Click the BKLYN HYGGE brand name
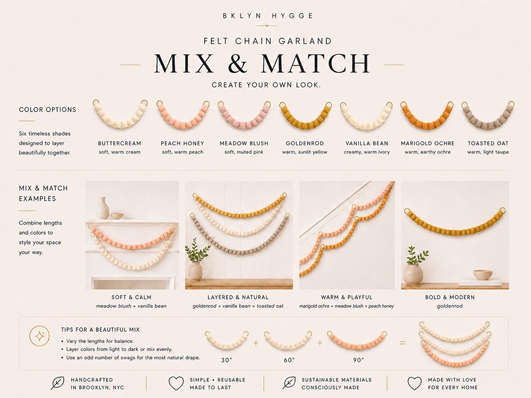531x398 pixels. pyautogui.click(x=268, y=16)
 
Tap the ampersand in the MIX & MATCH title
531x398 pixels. pyautogui.click(x=238, y=63)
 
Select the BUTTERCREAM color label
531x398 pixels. pyautogui.click(x=120, y=143)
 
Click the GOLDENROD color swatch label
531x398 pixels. pyautogui.click(x=305, y=143)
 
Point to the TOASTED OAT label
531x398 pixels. pyautogui.click(x=488, y=143)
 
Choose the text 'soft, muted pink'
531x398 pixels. pyautogui.click(x=244, y=152)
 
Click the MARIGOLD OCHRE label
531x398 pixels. pyautogui.click(x=428, y=143)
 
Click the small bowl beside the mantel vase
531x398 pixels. pyautogui.click(x=117, y=215)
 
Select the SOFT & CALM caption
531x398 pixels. pyautogui.click(x=131, y=297)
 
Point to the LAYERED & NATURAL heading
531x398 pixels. pyautogui.click(x=238, y=297)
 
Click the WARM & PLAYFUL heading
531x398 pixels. pyautogui.click(x=347, y=297)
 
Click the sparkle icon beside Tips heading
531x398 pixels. pyautogui.click(x=40, y=336)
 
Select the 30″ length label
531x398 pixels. pyautogui.click(x=227, y=360)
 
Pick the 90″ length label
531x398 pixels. pyautogui.click(x=359, y=360)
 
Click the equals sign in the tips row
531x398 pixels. pyautogui.click(x=403, y=343)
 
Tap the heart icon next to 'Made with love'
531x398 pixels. pyautogui.click(x=415, y=383)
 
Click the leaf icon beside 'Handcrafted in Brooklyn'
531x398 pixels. pyautogui.click(x=57, y=383)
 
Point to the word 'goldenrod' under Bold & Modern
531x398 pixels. pyautogui.click(x=450, y=306)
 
